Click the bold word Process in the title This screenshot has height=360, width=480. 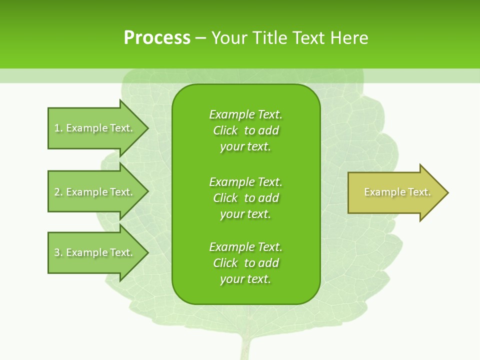click(157, 38)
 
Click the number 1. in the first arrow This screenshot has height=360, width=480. click(58, 128)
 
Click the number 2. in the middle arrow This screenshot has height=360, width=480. click(58, 192)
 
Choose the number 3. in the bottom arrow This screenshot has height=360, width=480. click(58, 252)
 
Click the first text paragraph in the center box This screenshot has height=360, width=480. click(245, 130)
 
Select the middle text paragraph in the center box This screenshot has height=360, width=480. click(245, 198)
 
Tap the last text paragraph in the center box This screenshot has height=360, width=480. click(245, 263)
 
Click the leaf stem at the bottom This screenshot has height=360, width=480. click(245, 347)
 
